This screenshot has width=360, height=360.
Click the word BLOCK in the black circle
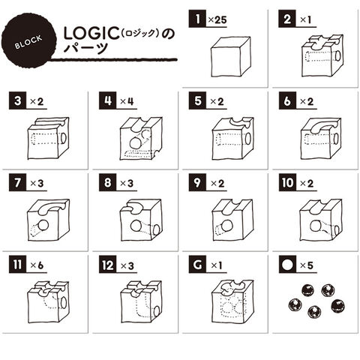point(28,42)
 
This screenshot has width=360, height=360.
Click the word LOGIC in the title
point(91,34)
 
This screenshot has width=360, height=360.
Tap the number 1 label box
point(197,19)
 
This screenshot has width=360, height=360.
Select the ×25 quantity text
point(217,19)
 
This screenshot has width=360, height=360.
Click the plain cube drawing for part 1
point(230,57)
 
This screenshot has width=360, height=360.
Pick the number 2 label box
point(287,19)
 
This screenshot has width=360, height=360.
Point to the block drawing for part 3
point(49,138)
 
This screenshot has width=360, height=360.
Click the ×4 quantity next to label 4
point(127,101)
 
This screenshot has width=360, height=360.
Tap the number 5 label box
point(197,100)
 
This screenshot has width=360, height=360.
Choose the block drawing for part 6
point(321,138)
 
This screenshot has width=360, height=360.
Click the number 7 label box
point(17,183)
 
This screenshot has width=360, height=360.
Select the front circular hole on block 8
point(136,226)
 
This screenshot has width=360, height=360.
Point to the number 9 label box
point(197,183)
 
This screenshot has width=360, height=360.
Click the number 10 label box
point(287,183)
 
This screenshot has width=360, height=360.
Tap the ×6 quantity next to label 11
point(37,265)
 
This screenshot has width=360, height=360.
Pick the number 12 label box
point(107,265)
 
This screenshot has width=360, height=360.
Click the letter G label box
point(197,265)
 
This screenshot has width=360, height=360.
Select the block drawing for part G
point(232,301)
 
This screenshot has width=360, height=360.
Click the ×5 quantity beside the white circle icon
point(307,265)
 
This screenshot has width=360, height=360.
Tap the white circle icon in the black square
point(287,265)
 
